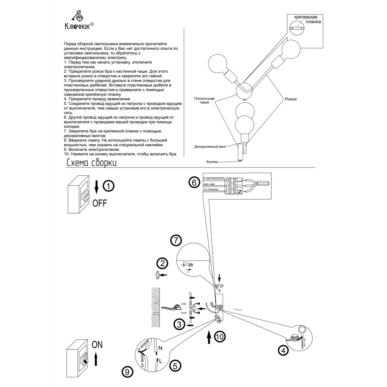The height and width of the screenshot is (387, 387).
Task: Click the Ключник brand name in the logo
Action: pos(77,26)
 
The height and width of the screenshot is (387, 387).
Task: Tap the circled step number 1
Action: pos(109,186)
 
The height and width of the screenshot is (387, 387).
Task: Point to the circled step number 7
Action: pos(176,240)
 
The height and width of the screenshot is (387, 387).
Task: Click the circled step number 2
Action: pos(162,264)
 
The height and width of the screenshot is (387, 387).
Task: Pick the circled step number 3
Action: pos(178,324)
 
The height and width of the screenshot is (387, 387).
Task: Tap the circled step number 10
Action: pos(219,337)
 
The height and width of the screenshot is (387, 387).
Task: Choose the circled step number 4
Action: pos(284,351)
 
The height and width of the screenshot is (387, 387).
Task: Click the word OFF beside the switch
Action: pos(99,203)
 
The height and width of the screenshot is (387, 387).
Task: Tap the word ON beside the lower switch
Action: pos(98,345)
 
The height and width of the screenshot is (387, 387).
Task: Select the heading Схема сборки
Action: pos(91,163)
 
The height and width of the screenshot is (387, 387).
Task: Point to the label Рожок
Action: pos(291,99)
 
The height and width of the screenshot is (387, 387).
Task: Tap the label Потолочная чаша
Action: pos(204,100)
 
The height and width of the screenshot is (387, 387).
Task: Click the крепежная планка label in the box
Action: pos(306,20)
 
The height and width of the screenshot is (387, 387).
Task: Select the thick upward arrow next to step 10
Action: pos(208,337)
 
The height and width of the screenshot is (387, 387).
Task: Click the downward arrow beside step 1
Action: pos(97,187)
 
